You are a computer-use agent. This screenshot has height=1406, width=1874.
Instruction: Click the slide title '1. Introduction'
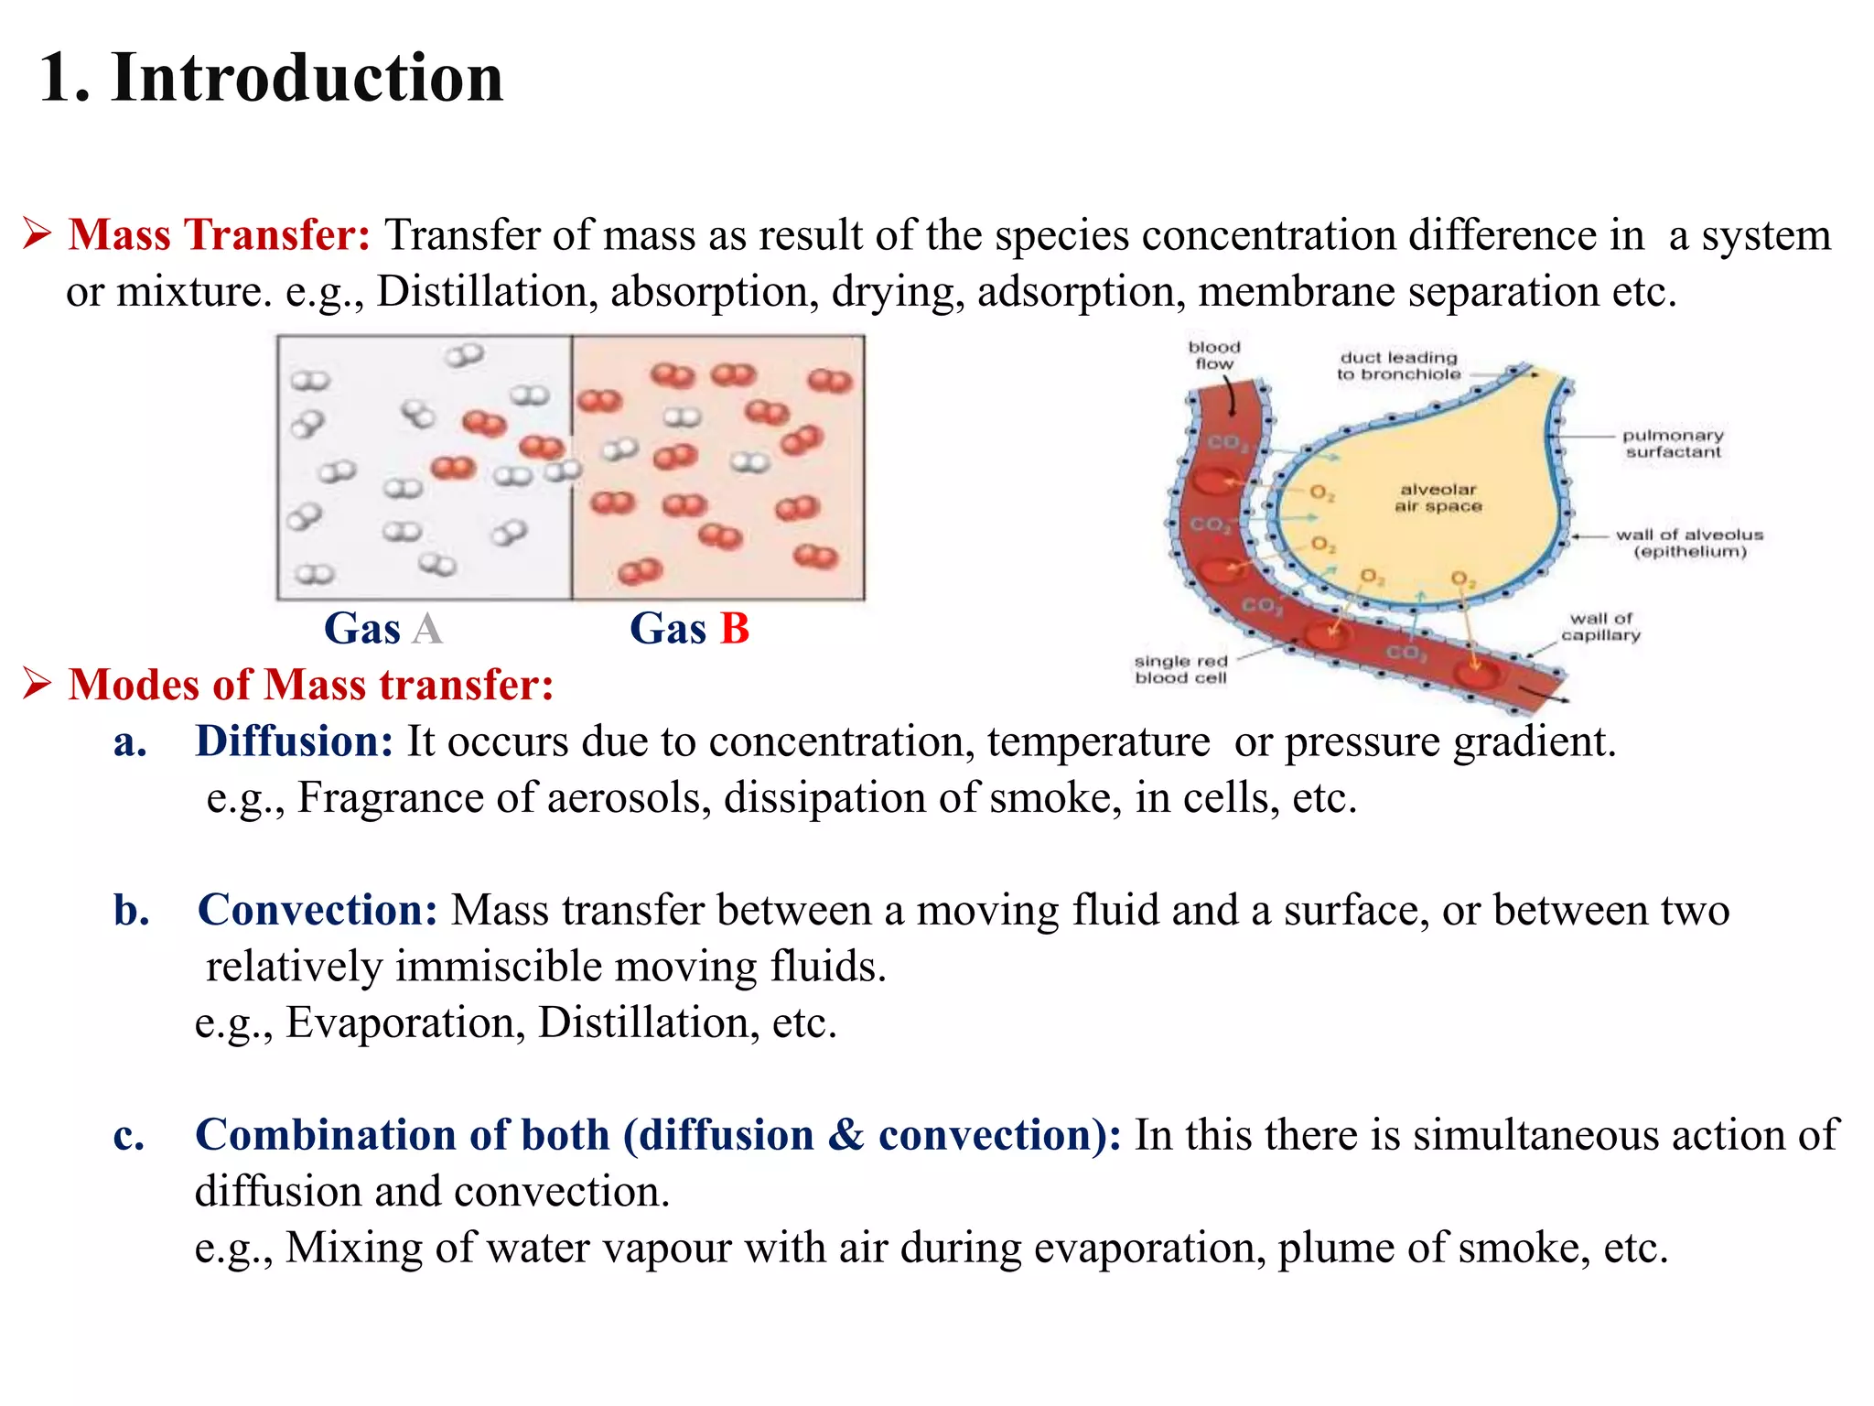point(271,78)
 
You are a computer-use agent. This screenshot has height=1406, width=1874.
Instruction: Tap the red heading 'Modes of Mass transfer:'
point(311,685)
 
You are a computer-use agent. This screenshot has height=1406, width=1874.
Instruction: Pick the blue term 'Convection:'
point(318,911)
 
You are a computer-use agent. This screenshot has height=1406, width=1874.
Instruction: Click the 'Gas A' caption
point(383,629)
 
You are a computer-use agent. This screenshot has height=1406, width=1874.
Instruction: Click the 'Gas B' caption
point(689,629)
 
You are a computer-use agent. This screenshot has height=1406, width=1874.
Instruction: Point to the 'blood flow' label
point(1214,355)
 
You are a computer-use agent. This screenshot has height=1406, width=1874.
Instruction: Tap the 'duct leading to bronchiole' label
point(1397,366)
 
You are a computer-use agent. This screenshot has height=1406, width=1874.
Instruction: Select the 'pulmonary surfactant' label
point(1673,444)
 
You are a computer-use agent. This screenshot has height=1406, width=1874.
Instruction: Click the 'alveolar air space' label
point(1438,498)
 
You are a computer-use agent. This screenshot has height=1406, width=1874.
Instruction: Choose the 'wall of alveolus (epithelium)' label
point(1689,543)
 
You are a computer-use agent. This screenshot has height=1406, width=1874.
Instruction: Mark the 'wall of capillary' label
point(1600,627)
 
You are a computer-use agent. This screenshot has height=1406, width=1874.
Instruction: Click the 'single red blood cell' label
point(1180,669)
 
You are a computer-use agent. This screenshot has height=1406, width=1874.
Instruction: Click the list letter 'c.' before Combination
point(129,1136)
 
